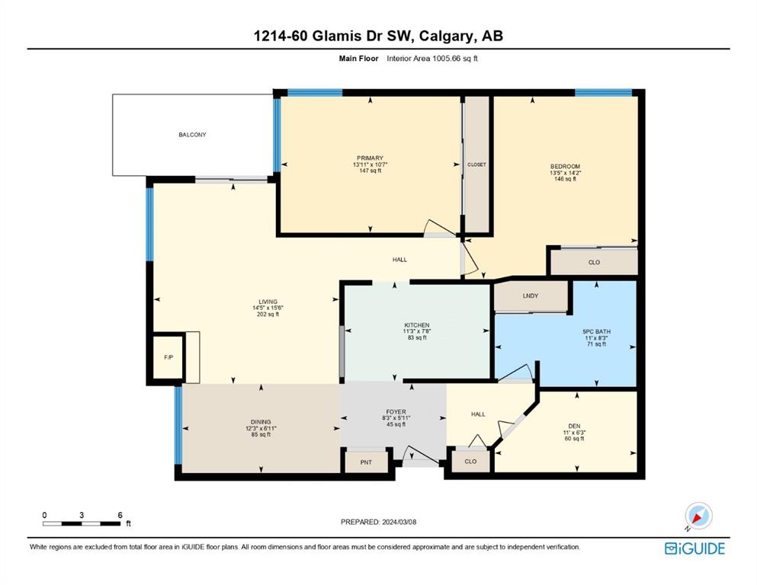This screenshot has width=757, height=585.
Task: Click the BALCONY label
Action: (192, 135)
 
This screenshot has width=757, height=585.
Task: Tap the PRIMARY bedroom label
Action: (370, 158)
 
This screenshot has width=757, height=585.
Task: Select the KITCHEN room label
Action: (417, 325)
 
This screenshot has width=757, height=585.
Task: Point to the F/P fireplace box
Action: (168, 357)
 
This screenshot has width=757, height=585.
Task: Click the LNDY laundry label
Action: (530, 296)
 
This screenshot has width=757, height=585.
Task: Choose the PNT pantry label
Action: (366, 462)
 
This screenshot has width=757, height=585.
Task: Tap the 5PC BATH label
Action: (596, 332)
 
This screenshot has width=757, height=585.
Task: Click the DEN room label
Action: (574, 427)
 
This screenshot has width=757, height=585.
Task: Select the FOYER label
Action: (396, 412)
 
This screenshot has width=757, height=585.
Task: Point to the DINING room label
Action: (261, 422)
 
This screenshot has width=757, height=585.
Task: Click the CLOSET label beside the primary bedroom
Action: (476, 165)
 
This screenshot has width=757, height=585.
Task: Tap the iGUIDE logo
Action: (694, 549)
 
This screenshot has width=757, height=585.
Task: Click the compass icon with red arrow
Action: (698, 516)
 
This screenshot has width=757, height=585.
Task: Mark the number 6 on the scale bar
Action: (120, 515)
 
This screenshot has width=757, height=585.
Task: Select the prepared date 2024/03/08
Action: (399, 522)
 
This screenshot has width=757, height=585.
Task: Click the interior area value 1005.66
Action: (446, 59)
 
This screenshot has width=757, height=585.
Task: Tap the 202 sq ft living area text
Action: (268, 315)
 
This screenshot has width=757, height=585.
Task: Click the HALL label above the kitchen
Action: (399, 260)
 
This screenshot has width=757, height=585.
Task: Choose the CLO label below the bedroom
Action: (595, 263)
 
